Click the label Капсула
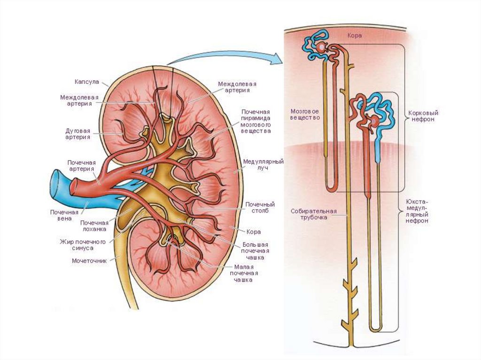[87, 82]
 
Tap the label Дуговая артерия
[78, 134]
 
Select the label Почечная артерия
[81, 165]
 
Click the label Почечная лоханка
[94, 226]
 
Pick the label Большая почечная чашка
[256, 251]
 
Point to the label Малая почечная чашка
[244, 273]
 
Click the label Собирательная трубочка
[314, 214]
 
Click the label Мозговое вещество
[305, 115]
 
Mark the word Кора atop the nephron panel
[354, 36]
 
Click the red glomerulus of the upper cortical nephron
[321, 47]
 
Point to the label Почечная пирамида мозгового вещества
[256, 122]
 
